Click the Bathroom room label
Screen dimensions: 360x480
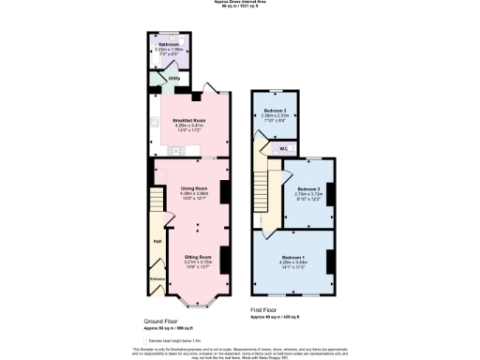pos(169,43)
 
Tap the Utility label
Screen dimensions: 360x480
pos(173,79)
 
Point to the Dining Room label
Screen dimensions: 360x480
pos(193,188)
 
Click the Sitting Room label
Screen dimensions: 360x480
pos(196,256)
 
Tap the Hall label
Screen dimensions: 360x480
pos(157,243)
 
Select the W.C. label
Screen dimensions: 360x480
pos(283,148)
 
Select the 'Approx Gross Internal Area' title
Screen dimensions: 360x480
pos(240,3)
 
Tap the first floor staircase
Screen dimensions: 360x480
pos(271,192)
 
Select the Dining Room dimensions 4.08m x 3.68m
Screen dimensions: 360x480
pos(193,194)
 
